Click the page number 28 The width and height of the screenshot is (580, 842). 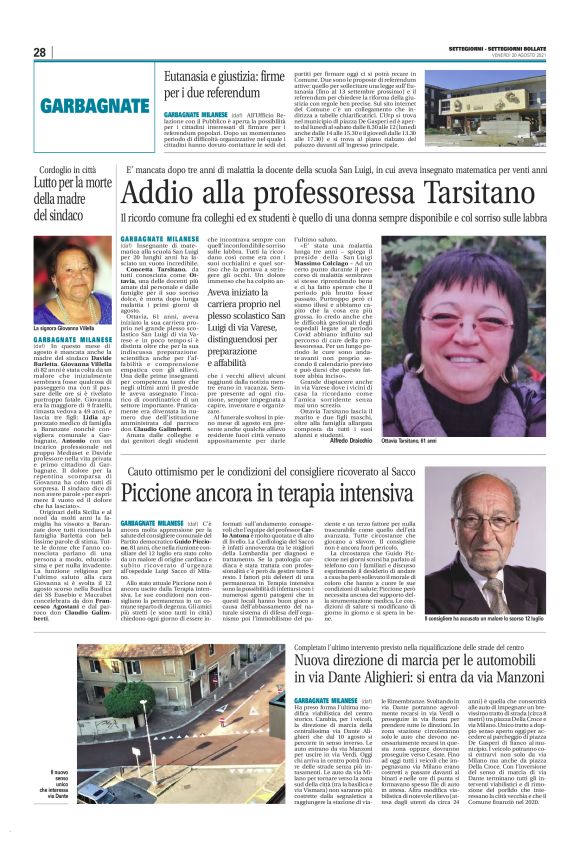click(x=41, y=52)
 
